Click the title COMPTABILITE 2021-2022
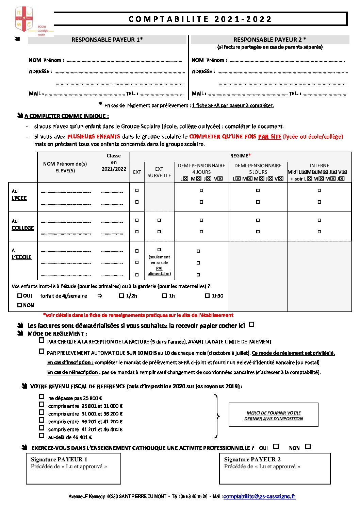tap(200, 19)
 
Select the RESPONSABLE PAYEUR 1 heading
tap(107, 40)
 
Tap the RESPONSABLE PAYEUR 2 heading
tap(269, 40)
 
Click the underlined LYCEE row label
tap(19, 198)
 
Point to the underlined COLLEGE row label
tap(23, 228)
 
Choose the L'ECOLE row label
tap(21, 257)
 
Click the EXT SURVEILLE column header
tap(159, 172)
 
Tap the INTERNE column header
tap(319, 166)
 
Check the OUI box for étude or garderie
tap(20, 296)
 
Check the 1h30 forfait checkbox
tap(207, 296)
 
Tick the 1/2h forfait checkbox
tap(121, 296)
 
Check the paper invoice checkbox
tap(251, 325)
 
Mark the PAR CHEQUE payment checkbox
tap(42, 340)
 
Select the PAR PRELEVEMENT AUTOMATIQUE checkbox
tap(42, 352)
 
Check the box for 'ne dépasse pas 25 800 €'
tap(42, 396)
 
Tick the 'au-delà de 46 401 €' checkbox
tap(42, 436)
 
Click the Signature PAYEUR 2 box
tap(275, 469)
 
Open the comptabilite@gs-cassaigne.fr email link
tap(259, 496)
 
